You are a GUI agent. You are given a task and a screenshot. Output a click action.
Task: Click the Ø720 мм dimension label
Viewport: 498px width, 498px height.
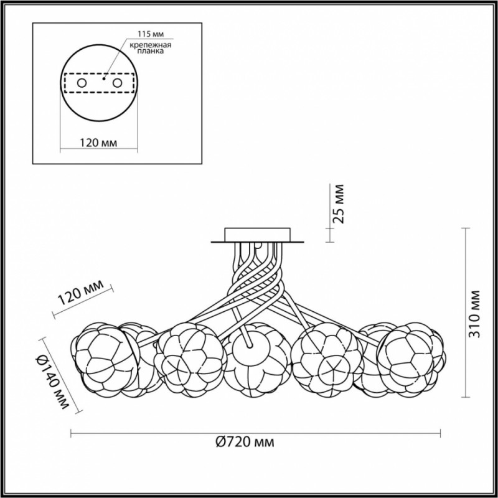point(245,442)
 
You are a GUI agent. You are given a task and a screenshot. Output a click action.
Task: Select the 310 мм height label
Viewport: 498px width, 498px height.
point(475,314)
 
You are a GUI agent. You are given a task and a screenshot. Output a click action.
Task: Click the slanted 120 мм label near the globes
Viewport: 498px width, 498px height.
point(81,293)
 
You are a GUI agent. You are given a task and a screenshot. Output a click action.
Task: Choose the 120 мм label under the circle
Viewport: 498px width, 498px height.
point(98,143)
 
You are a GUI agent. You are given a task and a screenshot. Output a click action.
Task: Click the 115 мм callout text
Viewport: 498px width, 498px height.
point(151,34)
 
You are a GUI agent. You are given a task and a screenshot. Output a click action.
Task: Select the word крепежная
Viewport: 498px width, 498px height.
point(151,45)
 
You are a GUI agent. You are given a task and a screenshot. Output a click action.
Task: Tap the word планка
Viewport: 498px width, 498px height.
point(151,51)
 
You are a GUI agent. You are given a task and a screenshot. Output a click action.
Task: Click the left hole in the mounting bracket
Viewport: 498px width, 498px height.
point(82,83)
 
